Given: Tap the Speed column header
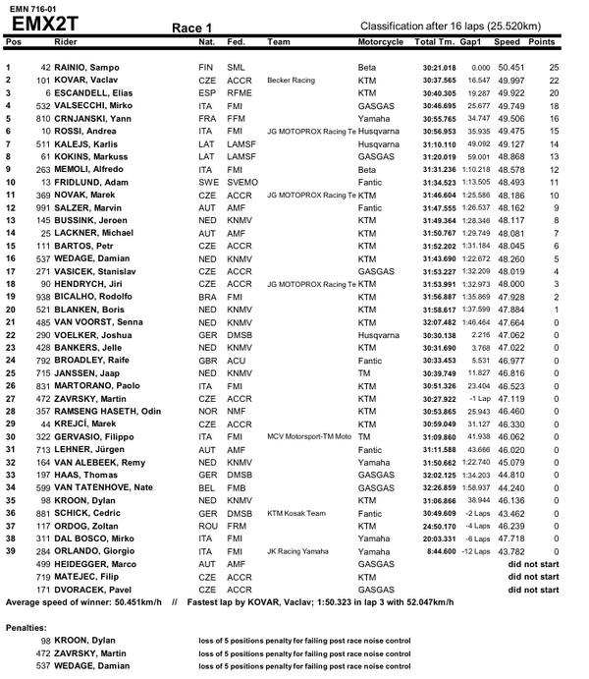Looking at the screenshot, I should coord(508,43).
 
